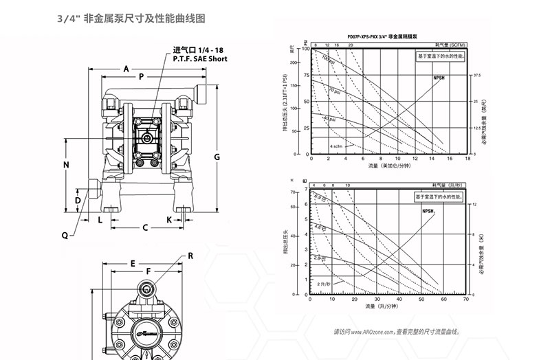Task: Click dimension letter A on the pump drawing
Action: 126,69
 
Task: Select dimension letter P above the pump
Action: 141,78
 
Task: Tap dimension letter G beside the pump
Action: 217,157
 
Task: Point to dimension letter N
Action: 67,165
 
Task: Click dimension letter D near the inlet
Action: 78,200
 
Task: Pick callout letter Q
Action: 65,235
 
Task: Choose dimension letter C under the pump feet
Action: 146,227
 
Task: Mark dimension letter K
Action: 169,219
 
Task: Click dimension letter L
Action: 100,219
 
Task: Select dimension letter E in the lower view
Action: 132,263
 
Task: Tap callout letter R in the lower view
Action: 190,256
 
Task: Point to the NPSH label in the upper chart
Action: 437,78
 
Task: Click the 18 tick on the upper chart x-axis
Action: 467,158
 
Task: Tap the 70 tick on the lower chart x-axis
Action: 466,300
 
